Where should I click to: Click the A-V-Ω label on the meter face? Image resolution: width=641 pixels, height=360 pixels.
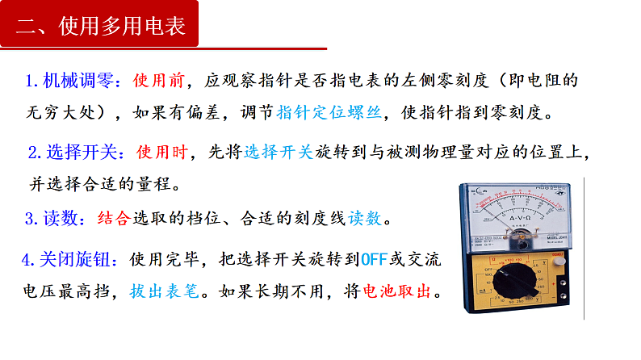[521, 218]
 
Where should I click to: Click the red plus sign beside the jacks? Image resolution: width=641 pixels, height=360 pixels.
[556, 257]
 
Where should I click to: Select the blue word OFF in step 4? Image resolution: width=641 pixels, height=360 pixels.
[374, 260]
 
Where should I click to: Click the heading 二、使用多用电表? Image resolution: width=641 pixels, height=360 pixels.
[102, 27]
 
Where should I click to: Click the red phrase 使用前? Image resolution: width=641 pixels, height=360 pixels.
[158, 81]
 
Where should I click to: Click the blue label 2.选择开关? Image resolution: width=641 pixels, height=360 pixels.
[76, 152]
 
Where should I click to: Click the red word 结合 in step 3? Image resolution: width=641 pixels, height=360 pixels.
[113, 218]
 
